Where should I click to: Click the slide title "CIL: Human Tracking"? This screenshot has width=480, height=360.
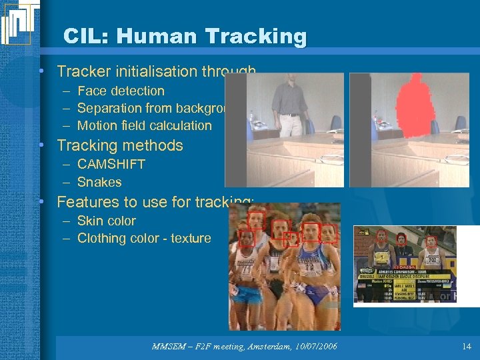[185, 36]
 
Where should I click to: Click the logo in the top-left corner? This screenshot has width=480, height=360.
[19, 23]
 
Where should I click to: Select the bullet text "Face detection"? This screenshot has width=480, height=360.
[121, 91]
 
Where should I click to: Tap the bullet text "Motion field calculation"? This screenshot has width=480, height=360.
[144, 125]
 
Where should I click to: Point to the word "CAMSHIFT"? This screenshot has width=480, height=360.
[111, 164]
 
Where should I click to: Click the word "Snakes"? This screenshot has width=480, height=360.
[99, 182]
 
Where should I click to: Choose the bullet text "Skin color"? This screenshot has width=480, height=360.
[106, 221]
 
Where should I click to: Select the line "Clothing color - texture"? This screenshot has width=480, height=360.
[144, 238]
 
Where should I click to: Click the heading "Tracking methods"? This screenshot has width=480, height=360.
[119, 145]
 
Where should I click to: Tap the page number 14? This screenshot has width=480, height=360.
[465, 347]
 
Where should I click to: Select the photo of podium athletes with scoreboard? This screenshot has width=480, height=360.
[405, 265]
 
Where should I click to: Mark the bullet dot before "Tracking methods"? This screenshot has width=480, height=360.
[41, 145]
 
